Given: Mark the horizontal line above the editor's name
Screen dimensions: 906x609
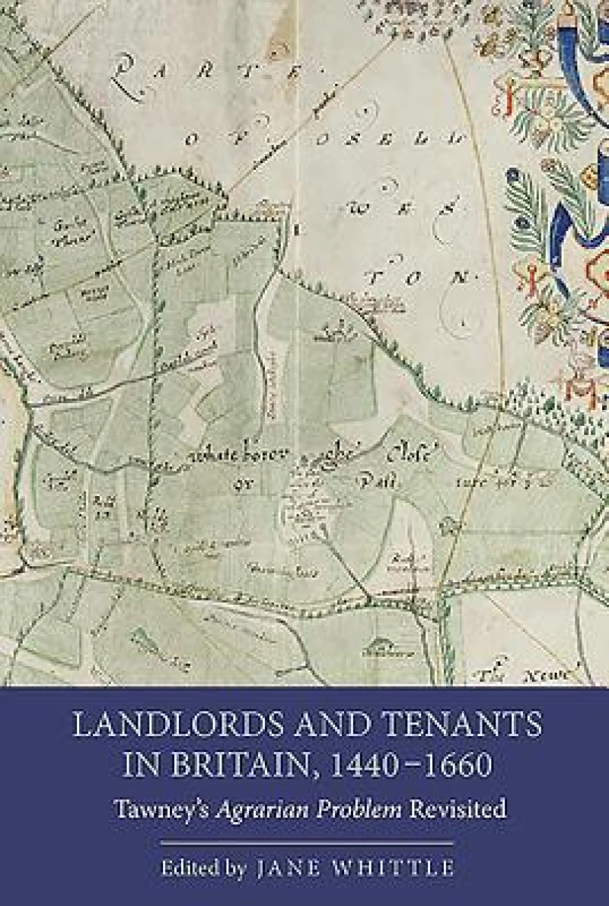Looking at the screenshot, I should point(304,843).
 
